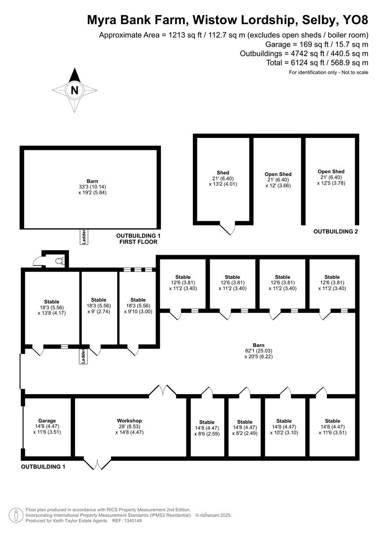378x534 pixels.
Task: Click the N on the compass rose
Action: [75, 90]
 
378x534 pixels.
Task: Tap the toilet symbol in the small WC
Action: [59, 260]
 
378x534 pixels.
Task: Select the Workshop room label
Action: [130, 421]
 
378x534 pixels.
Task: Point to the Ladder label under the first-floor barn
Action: [84, 236]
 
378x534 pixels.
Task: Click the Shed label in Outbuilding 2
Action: [223, 173]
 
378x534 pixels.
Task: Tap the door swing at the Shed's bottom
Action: [228, 228]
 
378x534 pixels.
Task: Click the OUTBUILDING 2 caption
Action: [335, 231]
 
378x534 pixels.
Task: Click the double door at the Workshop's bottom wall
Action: [97, 464]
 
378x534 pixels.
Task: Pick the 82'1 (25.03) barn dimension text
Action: [258, 351]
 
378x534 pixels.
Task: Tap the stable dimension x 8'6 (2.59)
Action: [207, 433]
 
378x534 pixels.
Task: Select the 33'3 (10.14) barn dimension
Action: [92, 187]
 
